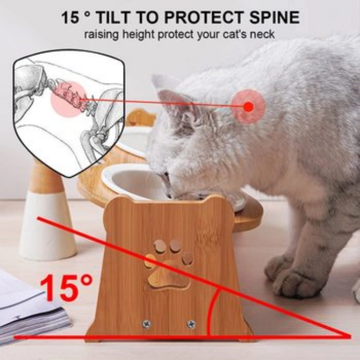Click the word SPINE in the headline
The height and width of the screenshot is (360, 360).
pos(275,17)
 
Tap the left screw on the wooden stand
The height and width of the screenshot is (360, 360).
pos(146,324)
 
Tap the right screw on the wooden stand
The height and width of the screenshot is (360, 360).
pos(191,324)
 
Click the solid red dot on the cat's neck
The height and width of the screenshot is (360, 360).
pos(249,107)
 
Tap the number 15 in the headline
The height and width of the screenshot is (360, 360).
pos(70,17)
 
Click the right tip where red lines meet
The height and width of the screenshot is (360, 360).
pos(349,336)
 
